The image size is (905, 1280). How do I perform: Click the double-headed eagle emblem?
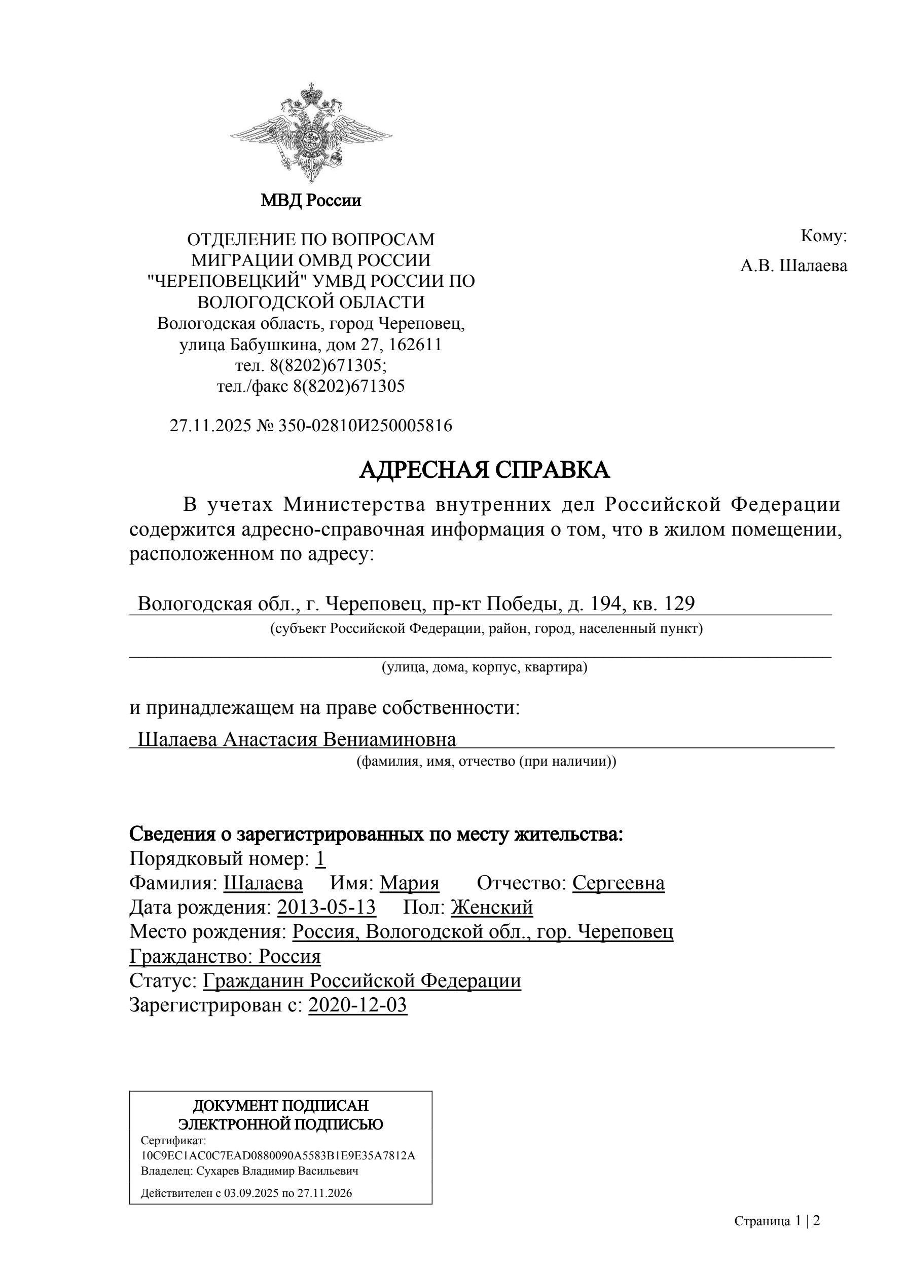pyautogui.click(x=311, y=134)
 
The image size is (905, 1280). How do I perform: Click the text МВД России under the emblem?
pyautogui.click(x=311, y=200)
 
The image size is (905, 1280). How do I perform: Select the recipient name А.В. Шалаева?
pyautogui.click(x=793, y=266)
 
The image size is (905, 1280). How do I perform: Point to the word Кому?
pyautogui.click(x=823, y=236)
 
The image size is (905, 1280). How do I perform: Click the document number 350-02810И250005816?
pyautogui.click(x=366, y=426)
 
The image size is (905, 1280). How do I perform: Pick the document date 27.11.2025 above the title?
pyautogui.click(x=210, y=426)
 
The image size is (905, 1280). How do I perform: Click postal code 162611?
pyautogui.click(x=415, y=345)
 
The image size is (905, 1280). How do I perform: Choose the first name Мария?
pyautogui.click(x=410, y=883)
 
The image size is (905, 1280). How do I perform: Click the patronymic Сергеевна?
pyautogui.click(x=618, y=883)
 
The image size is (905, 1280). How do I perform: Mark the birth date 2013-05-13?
pyautogui.click(x=327, y=908)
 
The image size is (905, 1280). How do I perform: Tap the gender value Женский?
pyautogui.click(x=492, y=908)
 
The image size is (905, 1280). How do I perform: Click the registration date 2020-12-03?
pyautogui.click(x=357, y=1005)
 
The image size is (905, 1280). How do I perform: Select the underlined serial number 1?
pyautogui.click(x=320, y=859)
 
